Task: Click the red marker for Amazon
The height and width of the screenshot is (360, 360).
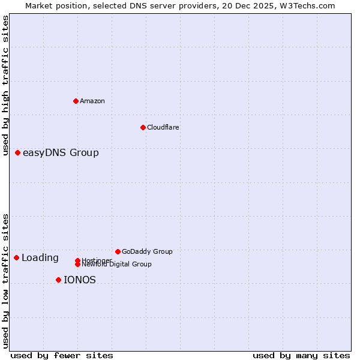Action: (x=76, y=101)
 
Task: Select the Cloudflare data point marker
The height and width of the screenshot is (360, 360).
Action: (x=143, y=127)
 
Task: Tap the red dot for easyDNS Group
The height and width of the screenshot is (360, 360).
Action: (x=17, y=152)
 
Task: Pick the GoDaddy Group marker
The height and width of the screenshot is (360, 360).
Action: (x=118, y=251)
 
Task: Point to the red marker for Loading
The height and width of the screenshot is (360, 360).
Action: (x=16, y=257)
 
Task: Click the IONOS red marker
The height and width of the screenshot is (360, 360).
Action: (x=58, y=280)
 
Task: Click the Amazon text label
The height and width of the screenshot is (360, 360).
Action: (x=92, y=101)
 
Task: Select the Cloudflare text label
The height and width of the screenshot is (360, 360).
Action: (x=163, y=127)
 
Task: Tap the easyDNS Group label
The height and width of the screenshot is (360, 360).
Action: (x=61, y=153)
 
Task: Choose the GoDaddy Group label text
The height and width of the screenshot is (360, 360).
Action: (x=147, y=252)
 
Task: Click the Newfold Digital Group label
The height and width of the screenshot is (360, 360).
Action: (x=116, y=265)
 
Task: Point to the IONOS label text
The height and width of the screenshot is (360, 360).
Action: (x=80, y=280)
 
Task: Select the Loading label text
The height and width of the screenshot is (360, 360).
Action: (x=40, y=258)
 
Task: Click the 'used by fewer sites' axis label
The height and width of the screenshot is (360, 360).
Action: (x=62, y=356)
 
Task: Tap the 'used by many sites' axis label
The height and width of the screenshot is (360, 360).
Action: (x=301, y=356)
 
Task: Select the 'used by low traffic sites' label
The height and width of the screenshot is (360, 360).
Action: (x=6, y=280)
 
